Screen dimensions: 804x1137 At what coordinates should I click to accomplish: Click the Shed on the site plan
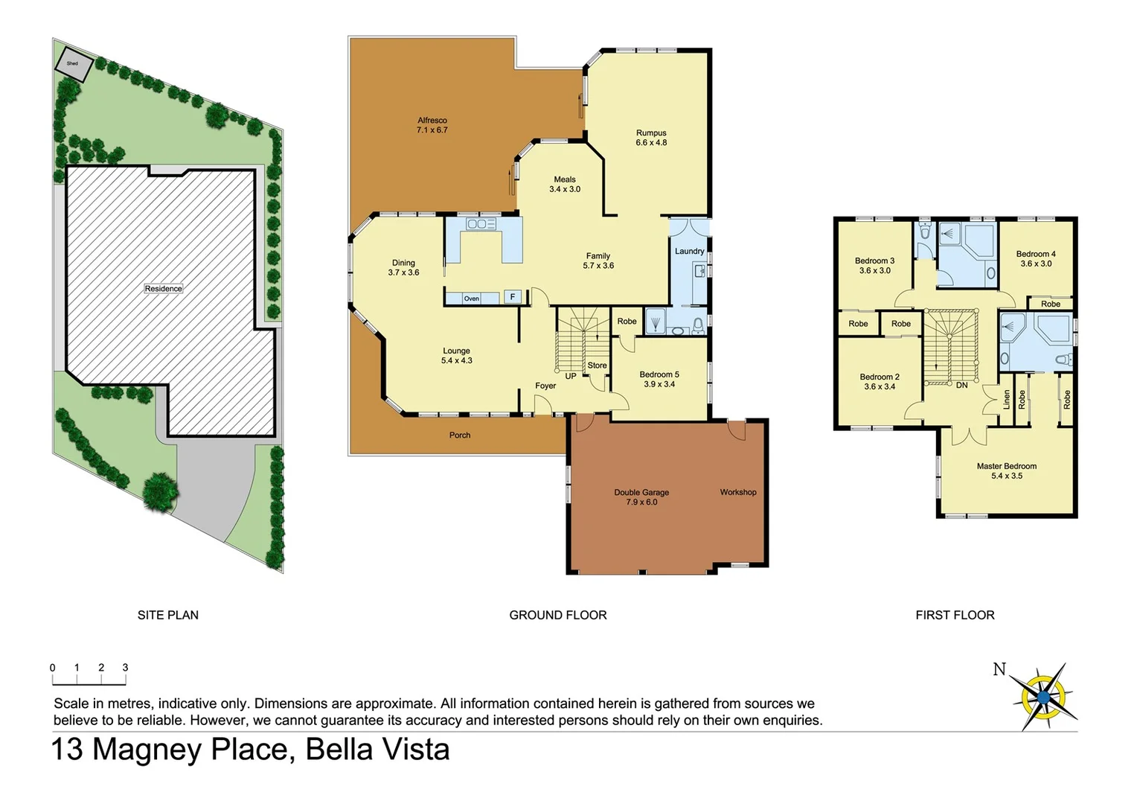click(x=74, y=65)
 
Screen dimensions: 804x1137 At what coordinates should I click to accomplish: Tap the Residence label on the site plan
click(x=163, y=289)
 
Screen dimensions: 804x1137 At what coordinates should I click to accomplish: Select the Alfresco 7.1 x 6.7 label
click(x=432, y=125)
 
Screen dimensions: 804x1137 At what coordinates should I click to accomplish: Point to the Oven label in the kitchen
click(x=471, y=299)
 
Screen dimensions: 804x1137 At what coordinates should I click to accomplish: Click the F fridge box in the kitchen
click(x=512, y=297)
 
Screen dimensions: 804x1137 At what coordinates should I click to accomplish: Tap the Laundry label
click(x=689, y=252)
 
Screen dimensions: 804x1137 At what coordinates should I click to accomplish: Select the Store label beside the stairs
click(x=597, y=366)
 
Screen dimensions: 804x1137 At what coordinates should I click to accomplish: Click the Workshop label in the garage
click(x=737, y=492)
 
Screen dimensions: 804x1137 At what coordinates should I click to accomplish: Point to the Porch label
click(x=459, y=435)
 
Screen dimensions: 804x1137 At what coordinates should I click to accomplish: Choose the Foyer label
click(x=545, y=386)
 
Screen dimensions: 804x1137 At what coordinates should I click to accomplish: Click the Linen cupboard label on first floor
click(x=1007, y=400)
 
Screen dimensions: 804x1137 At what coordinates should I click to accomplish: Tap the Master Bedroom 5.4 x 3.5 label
click(x=1006, y=471)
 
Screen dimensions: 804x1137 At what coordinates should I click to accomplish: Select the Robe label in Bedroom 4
click(x=1050, y=304)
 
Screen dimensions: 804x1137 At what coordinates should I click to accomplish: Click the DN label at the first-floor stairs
click(x=961, y=386)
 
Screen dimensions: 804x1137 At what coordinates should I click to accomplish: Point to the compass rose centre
click(x=1043, y=698)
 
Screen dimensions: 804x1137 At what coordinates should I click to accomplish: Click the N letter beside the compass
click(x=999, y=669)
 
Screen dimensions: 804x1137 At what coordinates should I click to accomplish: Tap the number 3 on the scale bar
click(x=125, y=668)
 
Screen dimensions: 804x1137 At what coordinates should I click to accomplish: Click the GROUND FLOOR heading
click(x=557, y=615)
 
